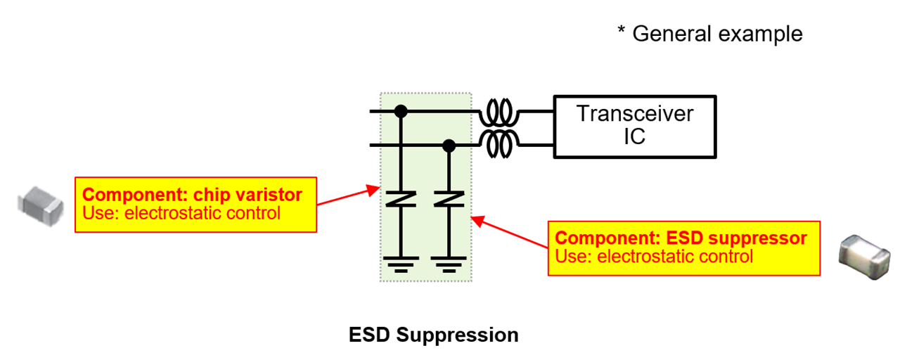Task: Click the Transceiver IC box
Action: (x=635, y=127)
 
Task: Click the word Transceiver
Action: (x=635, y=114)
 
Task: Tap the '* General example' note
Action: (x=710, y=33)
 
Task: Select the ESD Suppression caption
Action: (x=434, y=335)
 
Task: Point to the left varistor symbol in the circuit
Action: (x=401, y=198)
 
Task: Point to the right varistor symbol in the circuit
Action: (x=448, y=198)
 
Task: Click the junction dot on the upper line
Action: (x=401, y=111)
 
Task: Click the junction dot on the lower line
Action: (x=448, y=146)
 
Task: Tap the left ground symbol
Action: (x=401, y=263)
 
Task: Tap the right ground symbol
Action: (x=448, y=263)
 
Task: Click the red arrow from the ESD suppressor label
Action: (x=509, y=233)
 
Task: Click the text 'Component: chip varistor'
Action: (x=193, y=195)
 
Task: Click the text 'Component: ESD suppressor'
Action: (x=681, y=238)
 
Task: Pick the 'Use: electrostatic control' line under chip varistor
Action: (x=181, y=213)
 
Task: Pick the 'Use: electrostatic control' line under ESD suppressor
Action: (x=654, y=257)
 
